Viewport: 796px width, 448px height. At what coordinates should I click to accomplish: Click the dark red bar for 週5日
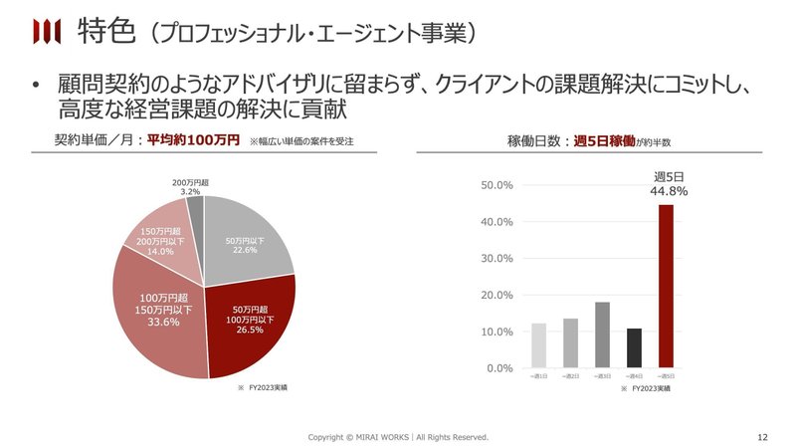click(667, 287)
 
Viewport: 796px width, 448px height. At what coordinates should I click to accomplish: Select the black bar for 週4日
click(634, 347)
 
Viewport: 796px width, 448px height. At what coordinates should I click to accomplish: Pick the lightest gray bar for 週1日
click(538, 344)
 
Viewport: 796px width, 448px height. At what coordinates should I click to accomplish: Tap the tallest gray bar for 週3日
click(602, 335)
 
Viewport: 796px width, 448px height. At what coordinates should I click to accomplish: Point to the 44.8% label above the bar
click(668, 191)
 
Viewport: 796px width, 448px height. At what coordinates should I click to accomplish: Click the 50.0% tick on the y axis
click(496, 185)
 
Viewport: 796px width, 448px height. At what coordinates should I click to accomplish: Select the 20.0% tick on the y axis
click(496, 295)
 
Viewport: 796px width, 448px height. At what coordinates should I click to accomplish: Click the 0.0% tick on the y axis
click(497, 368)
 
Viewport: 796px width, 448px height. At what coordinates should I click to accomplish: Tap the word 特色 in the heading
click(105, 32)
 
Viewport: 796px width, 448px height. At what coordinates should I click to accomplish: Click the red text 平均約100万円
click(193, 140)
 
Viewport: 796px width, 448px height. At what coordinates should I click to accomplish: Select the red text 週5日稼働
click(604, 140)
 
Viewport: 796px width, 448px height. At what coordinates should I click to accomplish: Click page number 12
click(762, 437)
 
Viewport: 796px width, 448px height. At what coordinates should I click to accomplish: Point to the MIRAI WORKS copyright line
click(398, 437)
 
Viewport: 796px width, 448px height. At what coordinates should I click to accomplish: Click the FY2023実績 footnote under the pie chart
click(264, 387)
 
